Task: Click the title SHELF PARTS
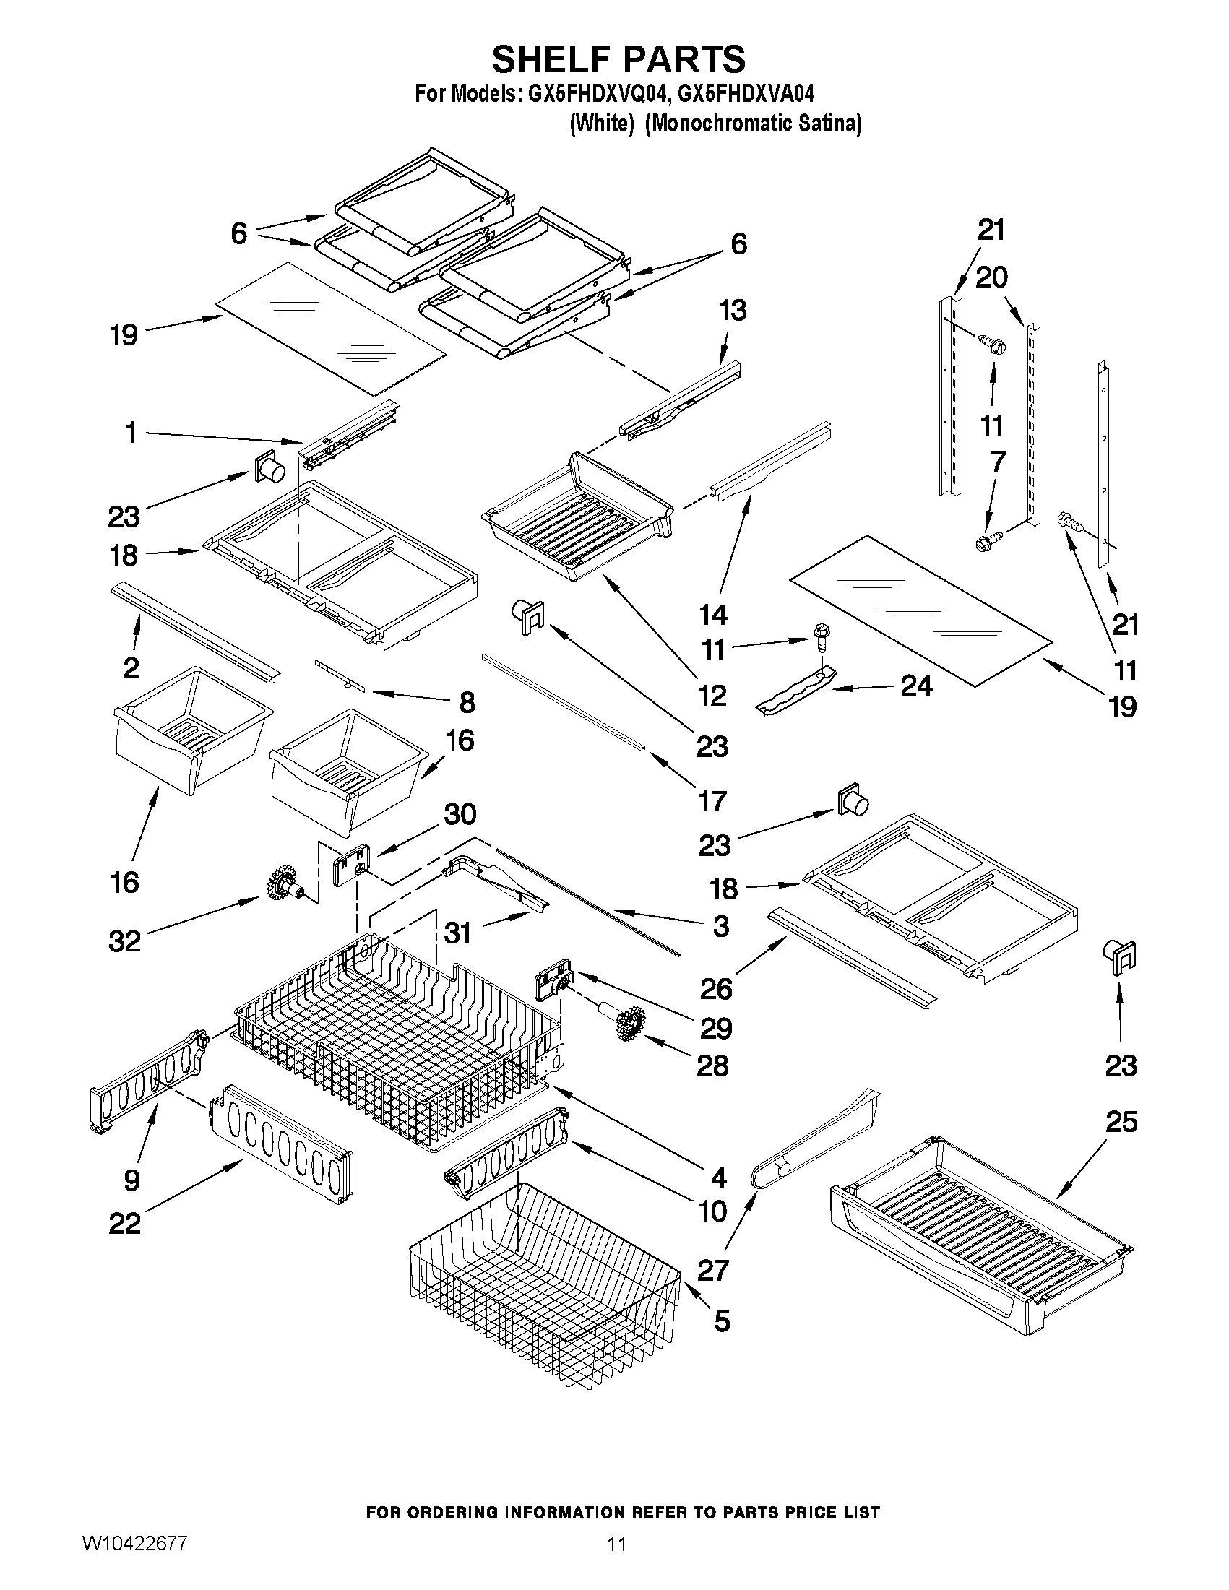pos(618,59)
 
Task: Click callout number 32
pos(124,941)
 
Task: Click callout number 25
pos(1121,1122)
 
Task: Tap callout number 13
pos(733,311)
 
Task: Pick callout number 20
pos(991,277)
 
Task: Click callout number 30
pos(460,814)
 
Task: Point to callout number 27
pos(712,1271)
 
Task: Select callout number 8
pos(467,703)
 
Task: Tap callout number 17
pos(712,801)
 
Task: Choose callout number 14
pos(713,615)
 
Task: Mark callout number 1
pos(131,434)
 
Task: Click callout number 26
pos(717,989)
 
